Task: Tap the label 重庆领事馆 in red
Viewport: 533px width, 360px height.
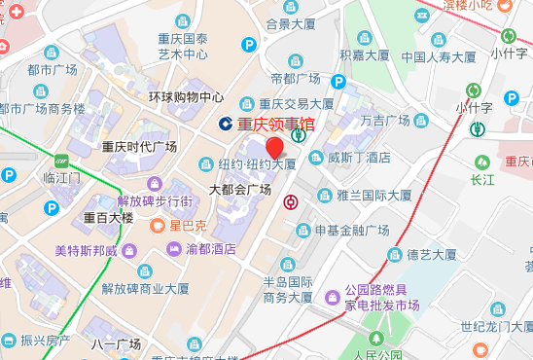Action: [277, 124]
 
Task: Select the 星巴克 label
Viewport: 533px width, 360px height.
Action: [189, 226]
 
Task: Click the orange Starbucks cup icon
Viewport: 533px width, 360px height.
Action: [160, 226]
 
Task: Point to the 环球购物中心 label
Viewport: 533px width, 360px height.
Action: [186, 97]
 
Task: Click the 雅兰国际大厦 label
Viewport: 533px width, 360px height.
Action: [374, 194]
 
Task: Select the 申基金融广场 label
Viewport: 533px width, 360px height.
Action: [351, 230]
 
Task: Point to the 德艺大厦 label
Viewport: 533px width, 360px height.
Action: [431, 255]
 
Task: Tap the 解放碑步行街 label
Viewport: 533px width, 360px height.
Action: [155, 200]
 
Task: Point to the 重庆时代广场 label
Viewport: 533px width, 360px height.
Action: [139, 147]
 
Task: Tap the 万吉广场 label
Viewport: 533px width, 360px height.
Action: [385, 122]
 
